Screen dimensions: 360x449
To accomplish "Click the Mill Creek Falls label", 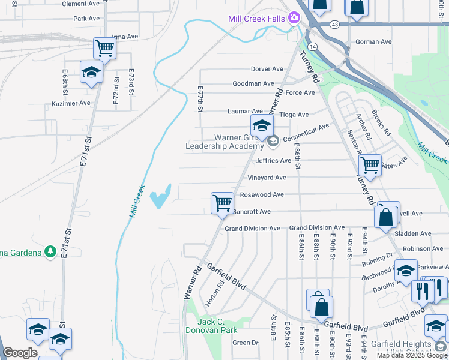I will pyautogui.click(x=256, y=19).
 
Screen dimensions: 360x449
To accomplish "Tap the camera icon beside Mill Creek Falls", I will pyautogui.click(x=294, y=17).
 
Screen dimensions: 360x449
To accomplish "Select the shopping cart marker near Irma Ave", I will pyautogui.click(x=105, y=48).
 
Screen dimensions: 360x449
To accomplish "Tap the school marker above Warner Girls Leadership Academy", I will pyautogui.click(x=262, y=126).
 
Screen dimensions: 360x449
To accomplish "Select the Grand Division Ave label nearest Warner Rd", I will pyautogui.click(x=252, y=229).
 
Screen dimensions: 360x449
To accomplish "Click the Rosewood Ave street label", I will pyautogui.click(x=262, y=195).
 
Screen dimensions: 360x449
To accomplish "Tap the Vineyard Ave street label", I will pyautogui.click(x=267, y=178).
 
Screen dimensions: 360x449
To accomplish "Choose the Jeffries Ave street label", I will pyautogui.click(x=273, y=161).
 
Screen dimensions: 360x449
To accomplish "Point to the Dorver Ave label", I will pyautogui.click(x=267, y=69).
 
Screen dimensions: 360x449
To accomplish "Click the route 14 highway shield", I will pyautogui.click(x=312, y=46).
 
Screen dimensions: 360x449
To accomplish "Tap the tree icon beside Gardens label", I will pyautogui.click(x=51, y=251).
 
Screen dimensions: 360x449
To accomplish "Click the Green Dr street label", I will pyautogui.click(x=245, y=343).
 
